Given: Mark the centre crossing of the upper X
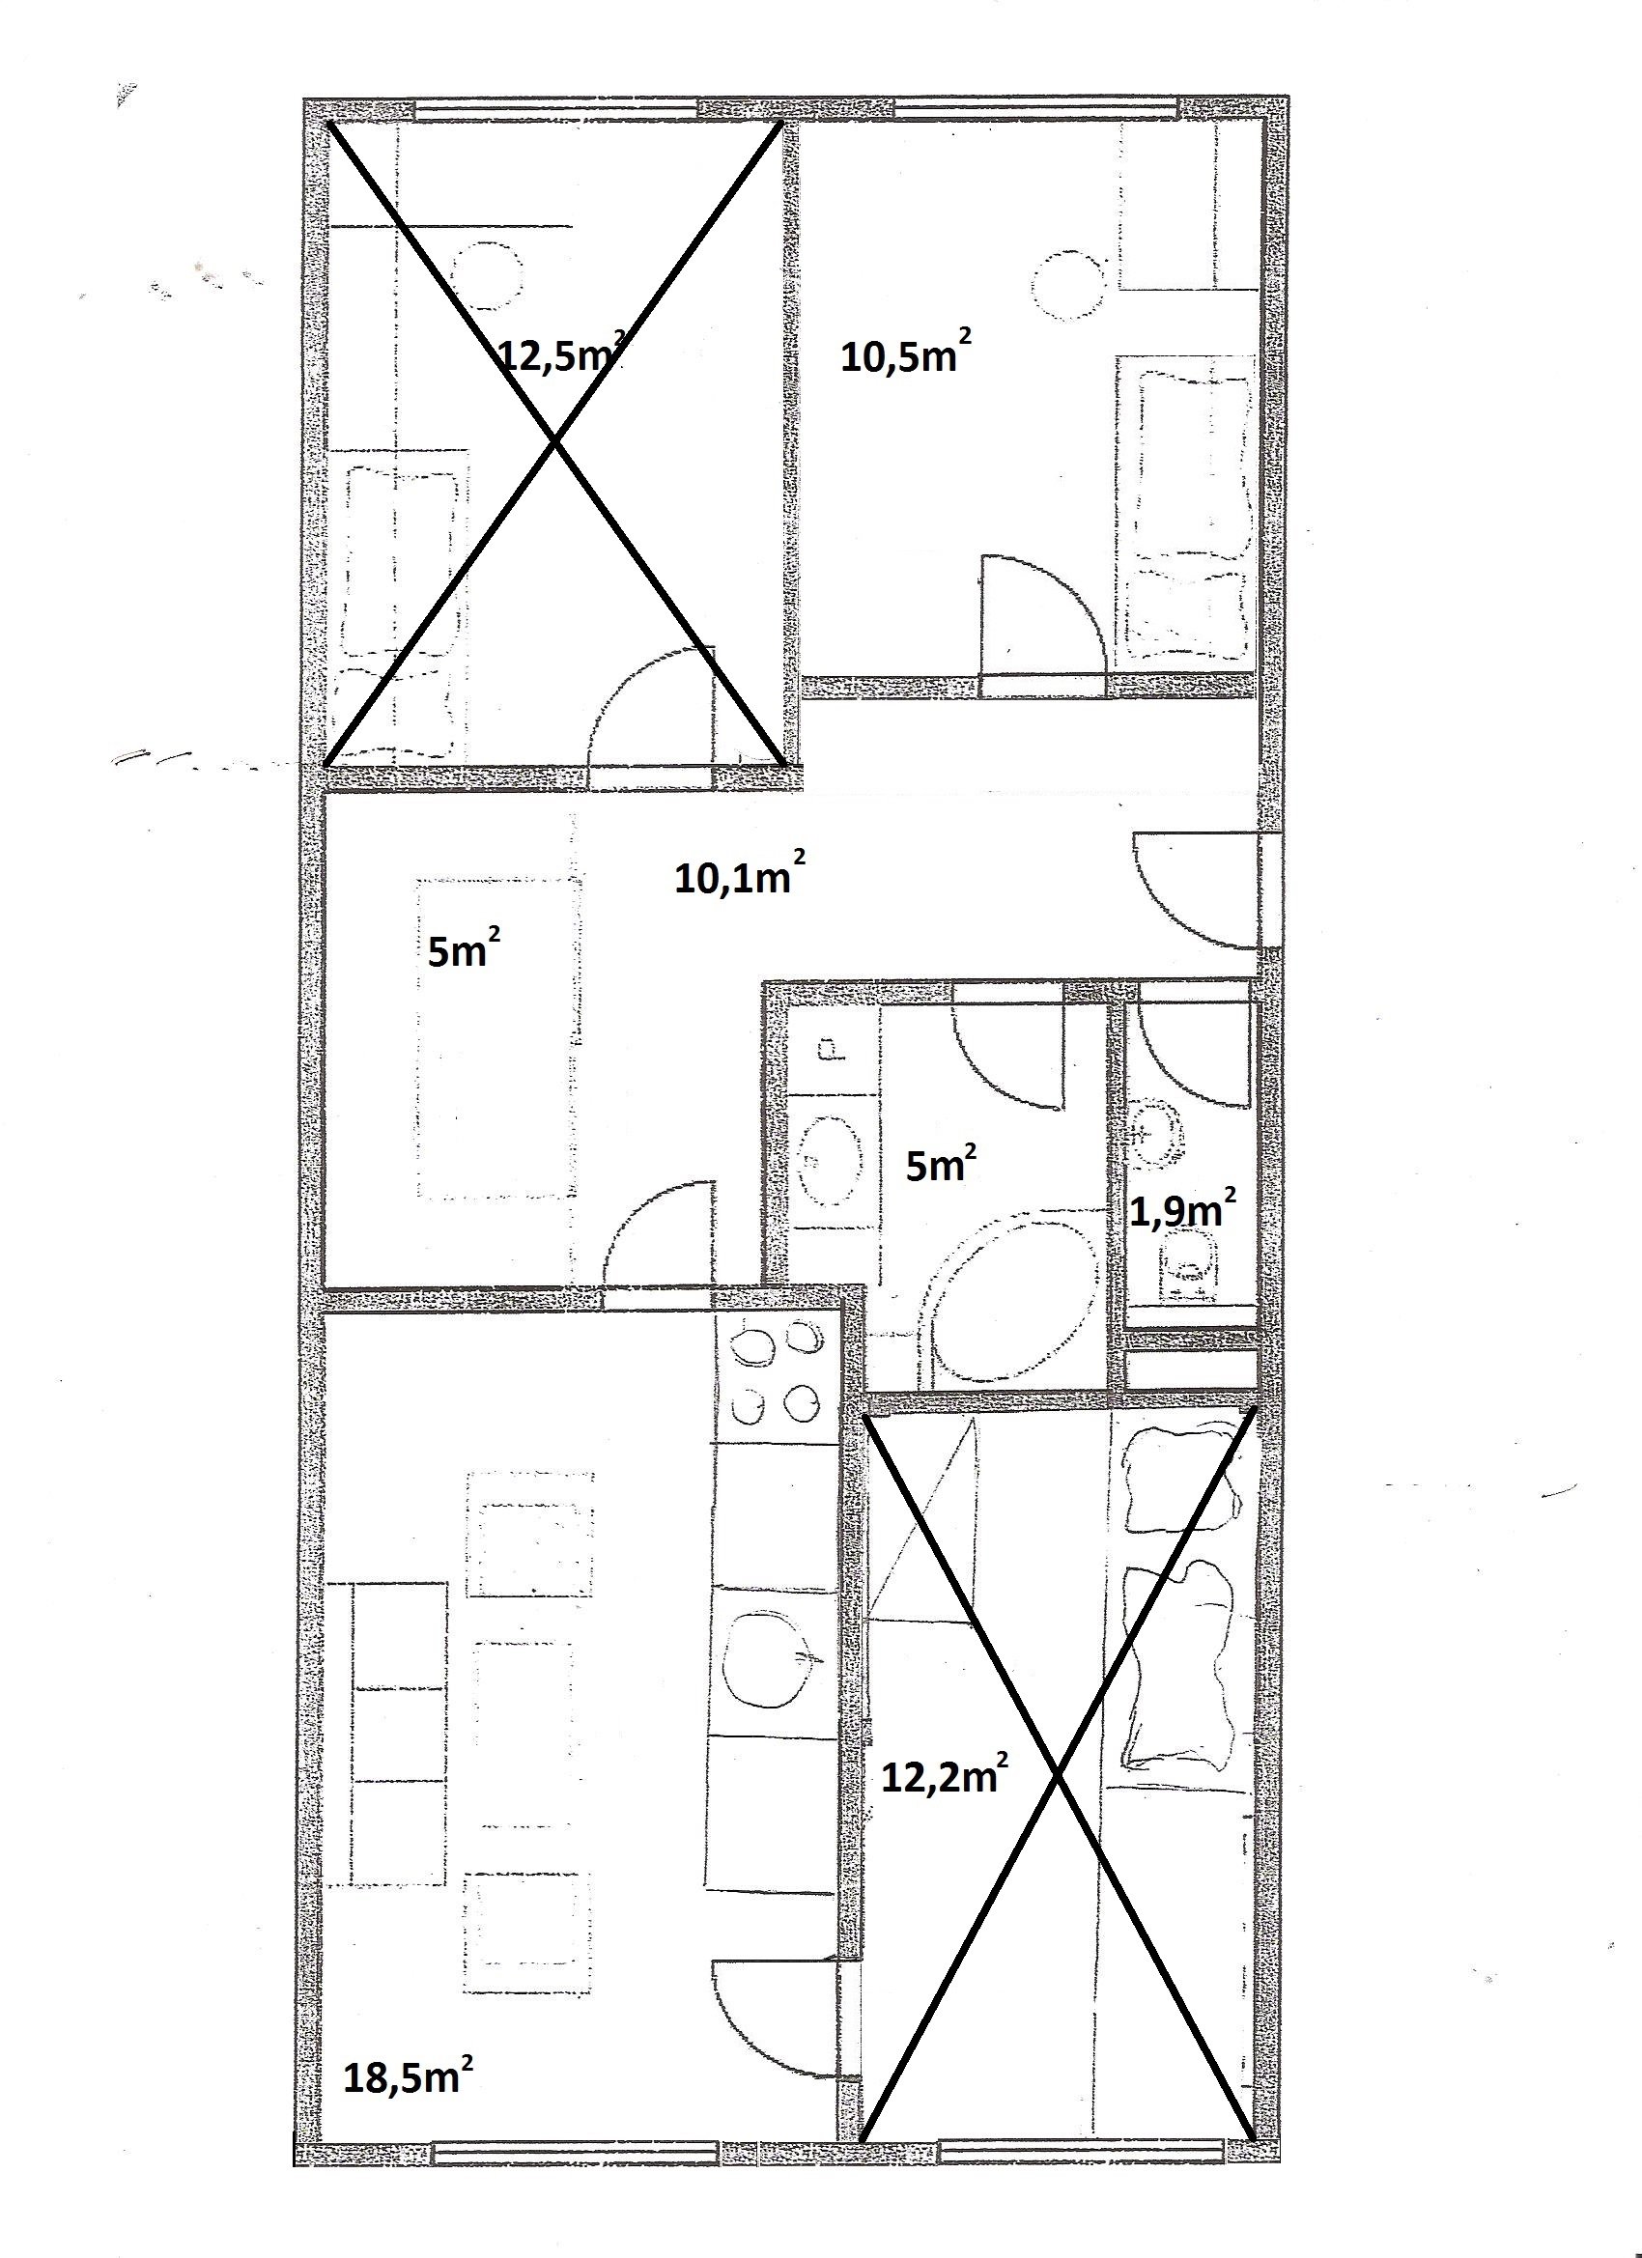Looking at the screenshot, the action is tap(554, 443).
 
